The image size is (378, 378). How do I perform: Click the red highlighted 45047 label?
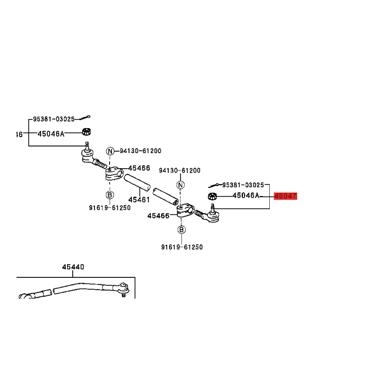click(x=285, y=196)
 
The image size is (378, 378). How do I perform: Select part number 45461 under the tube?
click(x=139, y=199)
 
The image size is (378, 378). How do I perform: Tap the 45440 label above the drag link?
click(x=73, y=267)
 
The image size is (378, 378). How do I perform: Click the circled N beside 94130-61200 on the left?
click(x=110, y=151)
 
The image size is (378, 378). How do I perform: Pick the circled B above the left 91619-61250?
click(x=110, y=195)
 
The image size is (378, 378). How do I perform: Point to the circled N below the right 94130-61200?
click(x=180, y=185)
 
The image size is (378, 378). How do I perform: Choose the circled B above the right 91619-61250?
click(x=181, y=230)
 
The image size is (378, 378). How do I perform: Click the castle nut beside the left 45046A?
click(x=86, y=132)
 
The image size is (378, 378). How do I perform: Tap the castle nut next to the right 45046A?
click(x=213, y=196)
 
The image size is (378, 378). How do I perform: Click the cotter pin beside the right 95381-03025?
click(x=214, y=186)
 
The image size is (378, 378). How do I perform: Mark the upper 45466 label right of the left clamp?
click(x=139, y=168)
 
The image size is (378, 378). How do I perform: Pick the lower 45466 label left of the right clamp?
click(x=158, y=215)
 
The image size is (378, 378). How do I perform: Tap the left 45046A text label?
click(x=51, y=134)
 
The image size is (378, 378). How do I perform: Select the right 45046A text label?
click(x=246, y=195)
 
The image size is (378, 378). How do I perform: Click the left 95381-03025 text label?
click(x=54, y=119)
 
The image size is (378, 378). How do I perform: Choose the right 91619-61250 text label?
click(x=182, y=247)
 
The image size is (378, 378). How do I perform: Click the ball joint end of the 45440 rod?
click(x=124, y=288)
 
